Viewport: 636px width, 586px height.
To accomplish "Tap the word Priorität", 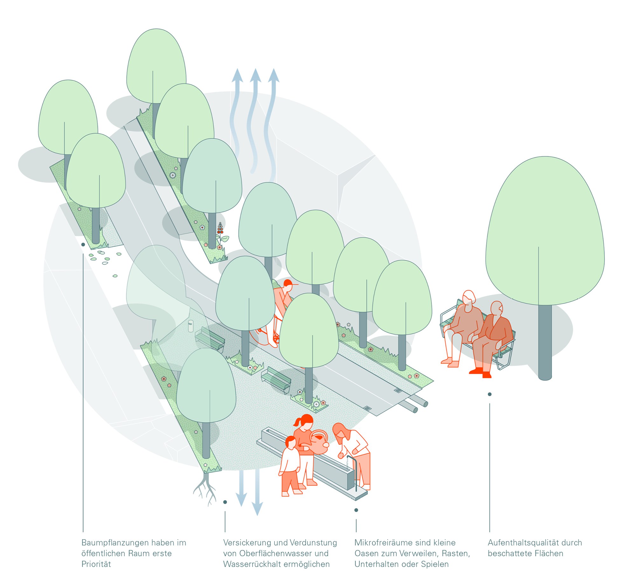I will click(x=96, y=564).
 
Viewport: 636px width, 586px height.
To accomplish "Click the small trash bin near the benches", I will click(x=190, y=326).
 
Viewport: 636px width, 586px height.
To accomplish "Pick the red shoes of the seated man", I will click(x=480, y=372).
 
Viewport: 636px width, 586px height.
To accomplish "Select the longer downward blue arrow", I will click(x=257, y=493).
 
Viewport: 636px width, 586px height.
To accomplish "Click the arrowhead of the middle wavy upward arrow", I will click(x=255, y=75).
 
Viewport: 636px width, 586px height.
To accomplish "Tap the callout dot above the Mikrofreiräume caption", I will click(x=356, y=510).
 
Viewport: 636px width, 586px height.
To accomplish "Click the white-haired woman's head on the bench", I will click(x=468, y=297).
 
